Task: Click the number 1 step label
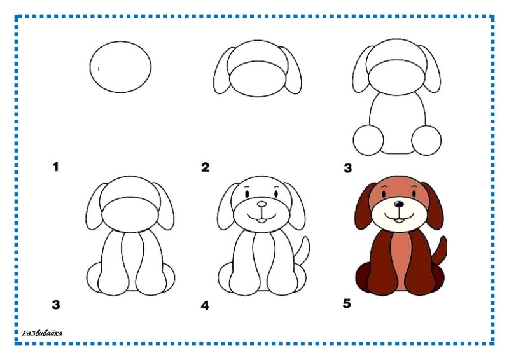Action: point(56,167)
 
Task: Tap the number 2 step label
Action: point(205,167)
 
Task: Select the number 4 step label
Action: point(205,305)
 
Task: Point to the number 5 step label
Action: point(347,303)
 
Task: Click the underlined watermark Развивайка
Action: point(42,333)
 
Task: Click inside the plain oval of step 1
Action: point(120,67)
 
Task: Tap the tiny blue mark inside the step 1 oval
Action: point(99,69)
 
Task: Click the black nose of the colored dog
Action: point(399,204)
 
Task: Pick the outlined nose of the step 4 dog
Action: point(261,204)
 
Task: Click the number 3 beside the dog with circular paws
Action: point(347,168)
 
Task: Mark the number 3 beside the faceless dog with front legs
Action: point(56,305)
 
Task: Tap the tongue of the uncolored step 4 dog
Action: point(261,221)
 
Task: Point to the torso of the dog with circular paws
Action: point(397,123)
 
